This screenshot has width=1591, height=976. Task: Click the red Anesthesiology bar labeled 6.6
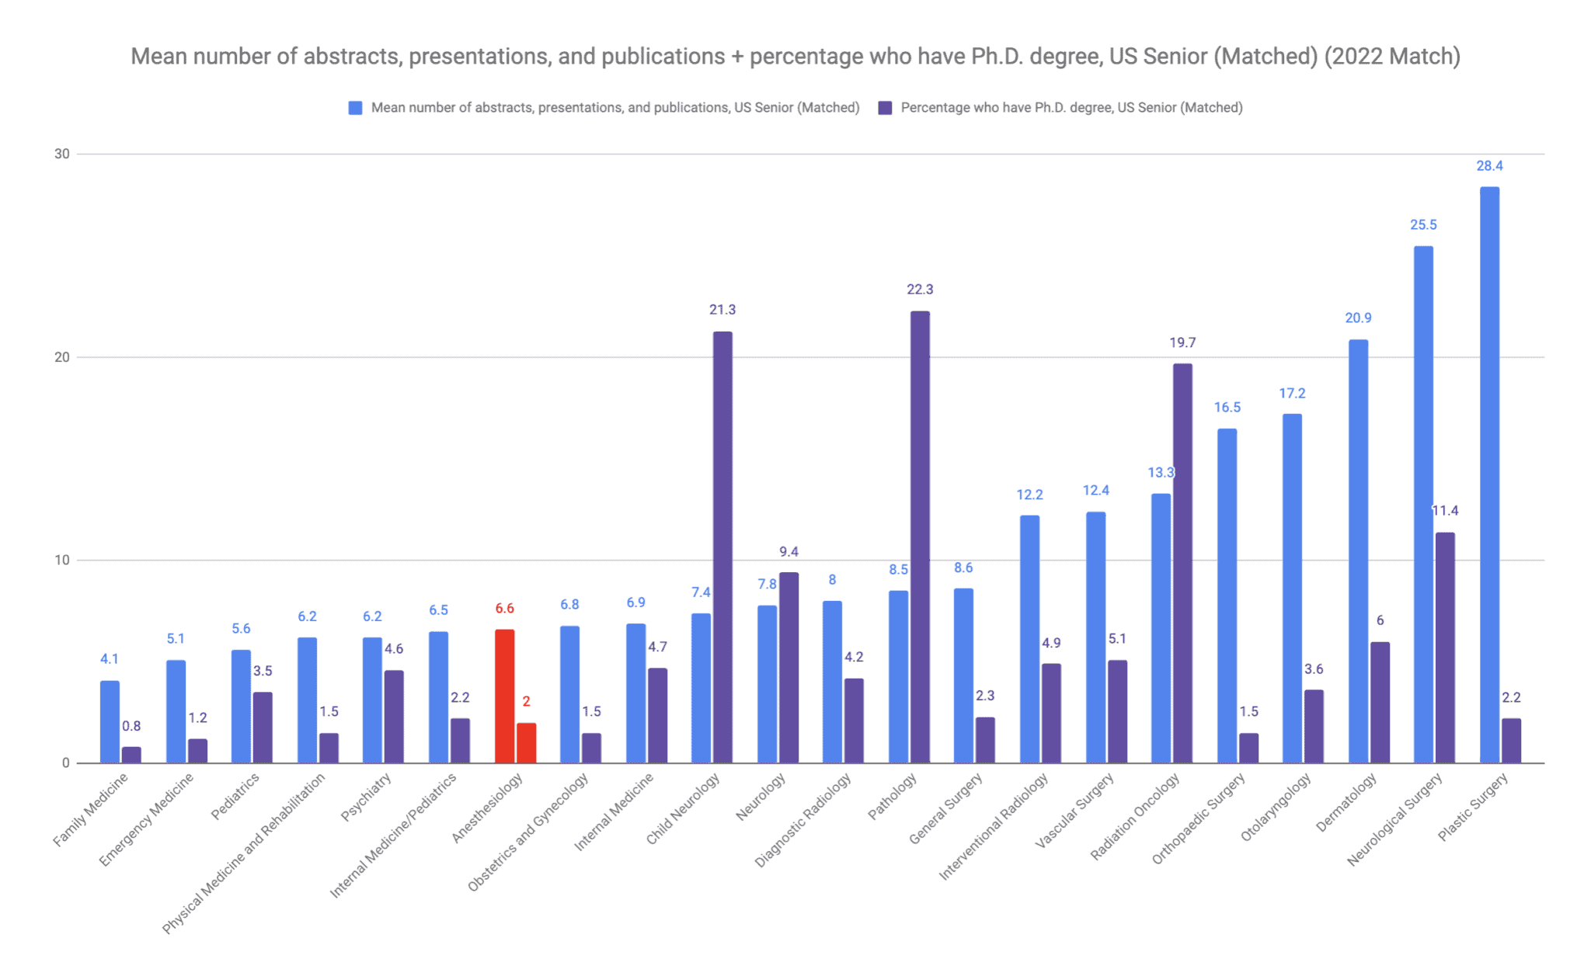(x=504, y=696)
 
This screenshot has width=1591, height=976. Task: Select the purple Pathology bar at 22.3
(x=920, y=537)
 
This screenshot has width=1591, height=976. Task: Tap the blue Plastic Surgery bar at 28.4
(x=1489, y=474)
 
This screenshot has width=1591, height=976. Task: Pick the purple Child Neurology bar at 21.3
(x=722, y=547)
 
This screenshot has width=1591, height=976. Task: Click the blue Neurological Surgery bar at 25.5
(x=1423, y=504)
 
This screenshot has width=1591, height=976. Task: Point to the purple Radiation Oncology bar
(x=1182, y=563)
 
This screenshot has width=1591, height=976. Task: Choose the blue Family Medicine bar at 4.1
(x=110, y=721)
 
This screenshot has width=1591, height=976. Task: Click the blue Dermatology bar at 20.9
(x=1358, y=551)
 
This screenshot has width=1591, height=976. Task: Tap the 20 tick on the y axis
(x=61, y=357)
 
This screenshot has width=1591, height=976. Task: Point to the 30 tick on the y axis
(x=61, y=154)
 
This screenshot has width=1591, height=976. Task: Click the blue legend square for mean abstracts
(x=355, y=108)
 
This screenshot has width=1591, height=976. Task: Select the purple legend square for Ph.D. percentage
(x=885, y=108)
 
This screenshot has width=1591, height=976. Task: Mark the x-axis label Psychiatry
(x=366, y=797)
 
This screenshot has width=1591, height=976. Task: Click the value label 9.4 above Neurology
(x=789, y=552)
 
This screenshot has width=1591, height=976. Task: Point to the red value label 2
(x=526, y=701)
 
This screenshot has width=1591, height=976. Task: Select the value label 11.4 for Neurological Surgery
(x=1445, y=511)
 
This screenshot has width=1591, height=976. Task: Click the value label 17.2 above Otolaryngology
(x=1292, y=394)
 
